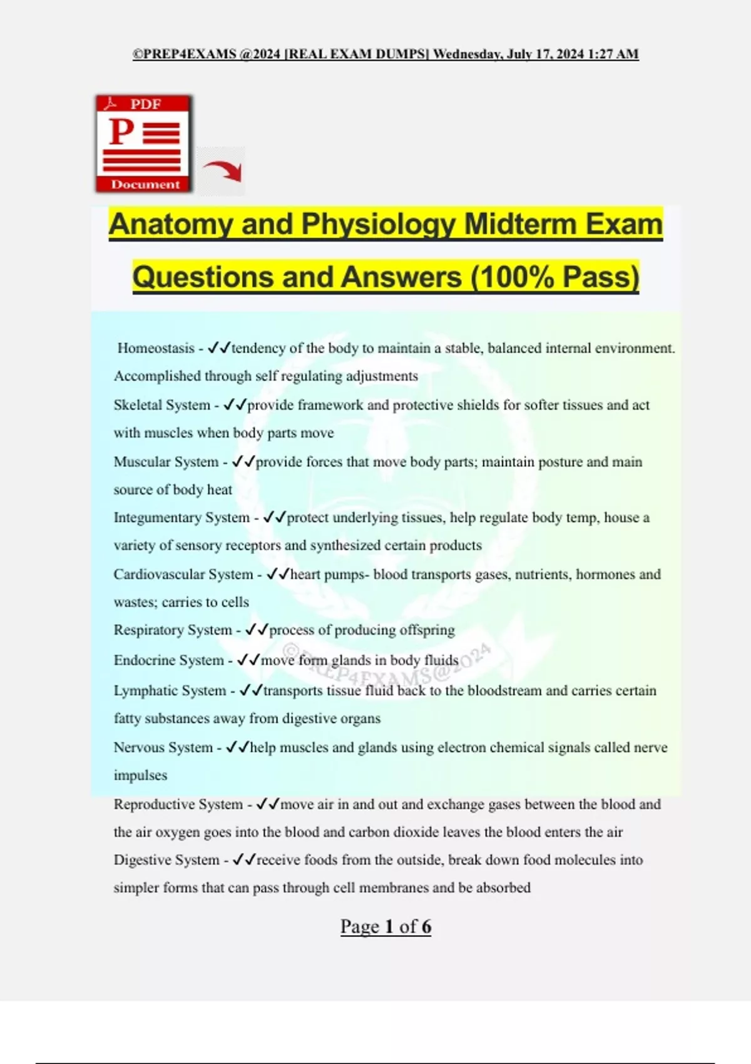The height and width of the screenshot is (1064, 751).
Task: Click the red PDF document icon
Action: pyautogui.click(x=143, y=143)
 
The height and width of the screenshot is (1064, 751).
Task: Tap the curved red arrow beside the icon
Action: pyautogui.click(x=222, y=170)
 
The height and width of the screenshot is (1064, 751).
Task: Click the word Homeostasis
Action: pyautogui.click(x=156, y=348)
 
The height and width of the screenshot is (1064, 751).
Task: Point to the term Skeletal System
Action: pyautogui.click(x=162, y=405)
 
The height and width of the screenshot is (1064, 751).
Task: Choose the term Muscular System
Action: pyautogui.click(x=166, y=462)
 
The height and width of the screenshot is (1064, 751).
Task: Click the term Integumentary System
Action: pyautogui.click(x=181, y=518)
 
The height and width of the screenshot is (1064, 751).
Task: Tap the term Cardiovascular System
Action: pyautogui.click(x=183, y=575)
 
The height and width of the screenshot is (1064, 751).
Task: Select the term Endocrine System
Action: pyautogui.click(x=168, y=660)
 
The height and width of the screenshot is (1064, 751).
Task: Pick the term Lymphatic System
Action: pyautogui.click(x=170, y=691)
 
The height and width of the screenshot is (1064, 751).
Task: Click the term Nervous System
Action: pyautogui.click(x=163, y=747)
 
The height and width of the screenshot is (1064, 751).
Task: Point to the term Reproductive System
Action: pyautogui.click(x=178, y=804)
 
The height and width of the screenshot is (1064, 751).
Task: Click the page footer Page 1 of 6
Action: pyautogui.click(x=386, y=926)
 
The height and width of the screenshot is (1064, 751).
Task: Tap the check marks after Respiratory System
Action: pyautogui.click(x=257, y=630)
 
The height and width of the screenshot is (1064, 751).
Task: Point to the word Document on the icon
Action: pyautogui.click(x=145, y=185)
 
